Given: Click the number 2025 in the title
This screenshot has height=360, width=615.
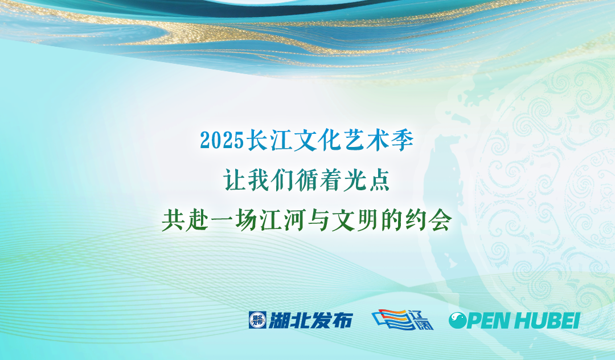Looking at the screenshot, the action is [222, 140].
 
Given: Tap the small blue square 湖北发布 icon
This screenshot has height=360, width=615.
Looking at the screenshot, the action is [257, 320].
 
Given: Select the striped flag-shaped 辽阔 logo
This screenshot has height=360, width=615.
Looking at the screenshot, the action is [403, 320].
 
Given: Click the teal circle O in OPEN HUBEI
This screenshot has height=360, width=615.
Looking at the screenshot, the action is [457, 320].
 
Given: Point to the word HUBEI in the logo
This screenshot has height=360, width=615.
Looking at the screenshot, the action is [547, 320].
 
